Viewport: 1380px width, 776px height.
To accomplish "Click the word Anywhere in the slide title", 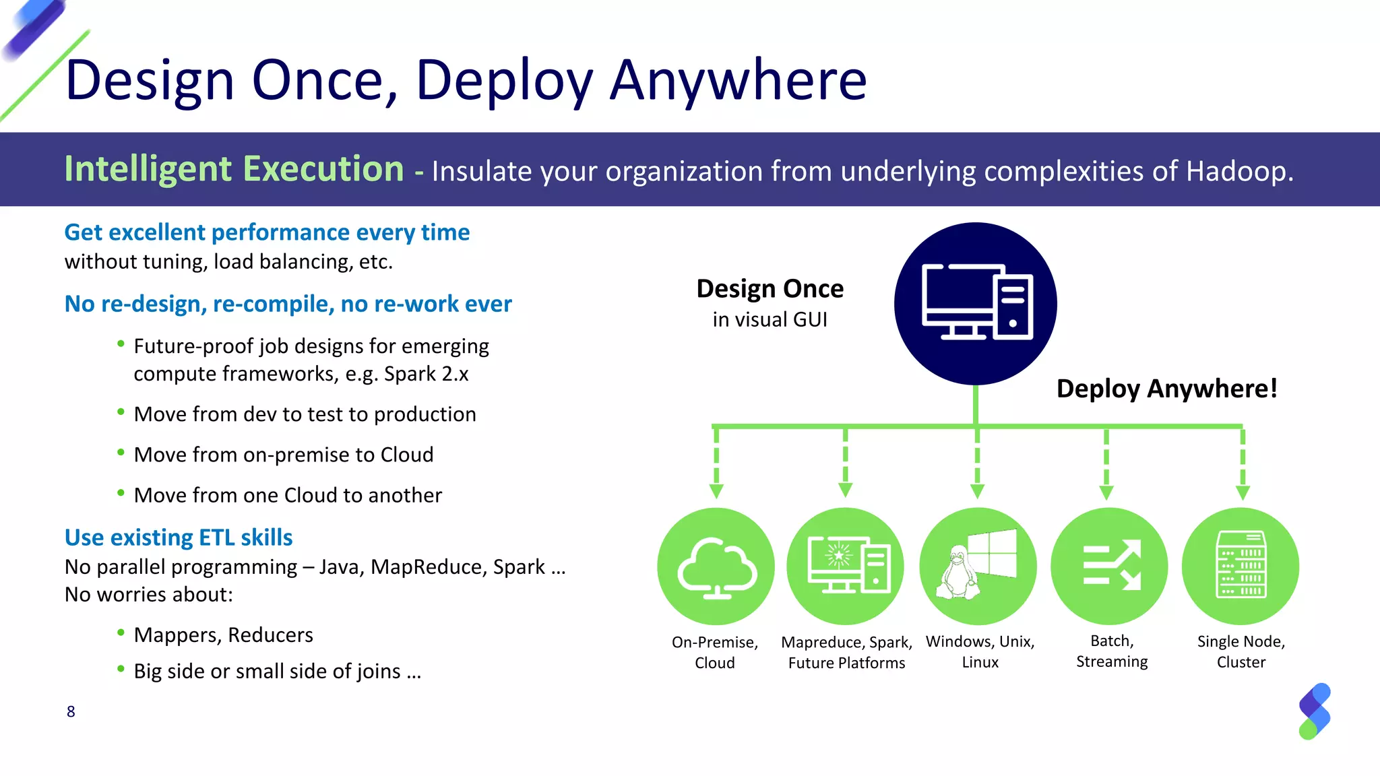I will click(738, 81).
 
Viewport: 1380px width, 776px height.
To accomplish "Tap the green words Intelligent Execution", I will click(234, 168).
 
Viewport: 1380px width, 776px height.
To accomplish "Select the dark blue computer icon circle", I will click(975, 304).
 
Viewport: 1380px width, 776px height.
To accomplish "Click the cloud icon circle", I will click(716, 567).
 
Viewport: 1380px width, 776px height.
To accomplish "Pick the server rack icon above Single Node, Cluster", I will click(1241, 565).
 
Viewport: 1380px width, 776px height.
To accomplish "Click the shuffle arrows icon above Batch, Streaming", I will click(1110, 565).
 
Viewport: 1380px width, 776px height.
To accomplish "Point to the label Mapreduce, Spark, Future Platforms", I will click(846, 652).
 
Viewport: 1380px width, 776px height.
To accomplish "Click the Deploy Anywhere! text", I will click(1166, 389).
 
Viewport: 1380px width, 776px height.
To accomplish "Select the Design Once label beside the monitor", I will click(770, 289).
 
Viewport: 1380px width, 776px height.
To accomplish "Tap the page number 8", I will click(71, 711).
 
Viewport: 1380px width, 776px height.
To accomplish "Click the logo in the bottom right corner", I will click(1314, 711).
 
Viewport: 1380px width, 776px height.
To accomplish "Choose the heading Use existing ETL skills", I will click(179, 538).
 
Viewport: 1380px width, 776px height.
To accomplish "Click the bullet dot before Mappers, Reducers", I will click(121, 632).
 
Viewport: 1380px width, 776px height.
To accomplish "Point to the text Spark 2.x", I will click(426, 374).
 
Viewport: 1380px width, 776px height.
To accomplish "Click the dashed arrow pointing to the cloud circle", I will click(716, 465).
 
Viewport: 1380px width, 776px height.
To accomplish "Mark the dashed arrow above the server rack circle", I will click(1243, 465).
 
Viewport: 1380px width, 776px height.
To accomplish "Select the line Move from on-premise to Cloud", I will click(283, 455).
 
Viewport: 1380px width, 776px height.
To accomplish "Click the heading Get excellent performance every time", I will click(267, 232).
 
